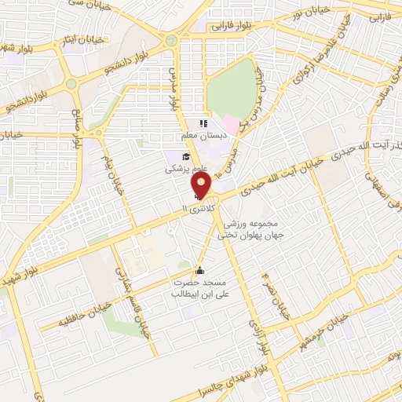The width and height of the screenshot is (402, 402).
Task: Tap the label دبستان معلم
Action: [x=203, y=135]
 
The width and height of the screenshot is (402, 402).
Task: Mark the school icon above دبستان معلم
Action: [x=203, y=122]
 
